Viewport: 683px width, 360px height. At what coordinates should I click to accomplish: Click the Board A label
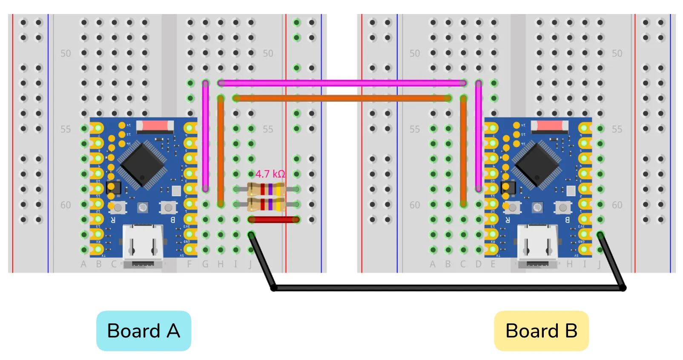coord(143,331)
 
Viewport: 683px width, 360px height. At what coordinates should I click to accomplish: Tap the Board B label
coord(541,331)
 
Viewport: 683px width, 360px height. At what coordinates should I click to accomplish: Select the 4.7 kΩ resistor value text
coord(270,174)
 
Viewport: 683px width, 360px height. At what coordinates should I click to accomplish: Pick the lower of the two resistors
coord(267,205)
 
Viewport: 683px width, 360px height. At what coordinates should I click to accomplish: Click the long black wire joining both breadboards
coord(447,288)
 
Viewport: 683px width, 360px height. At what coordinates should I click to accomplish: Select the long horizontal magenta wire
coord(341,83)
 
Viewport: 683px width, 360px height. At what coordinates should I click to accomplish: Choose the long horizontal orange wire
coord(341,98)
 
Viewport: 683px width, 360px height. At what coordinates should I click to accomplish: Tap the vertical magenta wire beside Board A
coord(206,136)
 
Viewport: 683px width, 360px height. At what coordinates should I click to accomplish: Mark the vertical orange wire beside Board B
coord(463,151)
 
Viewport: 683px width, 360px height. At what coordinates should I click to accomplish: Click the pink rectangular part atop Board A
coord(155,126)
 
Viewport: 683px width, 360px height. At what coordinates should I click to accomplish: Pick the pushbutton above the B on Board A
coord(168,207)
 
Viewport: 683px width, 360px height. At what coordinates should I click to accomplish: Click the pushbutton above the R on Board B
coord(512,207)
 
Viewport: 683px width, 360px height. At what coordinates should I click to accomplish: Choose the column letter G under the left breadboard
coord(205,264)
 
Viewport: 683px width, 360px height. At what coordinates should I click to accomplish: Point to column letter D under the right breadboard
coord(479,264)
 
